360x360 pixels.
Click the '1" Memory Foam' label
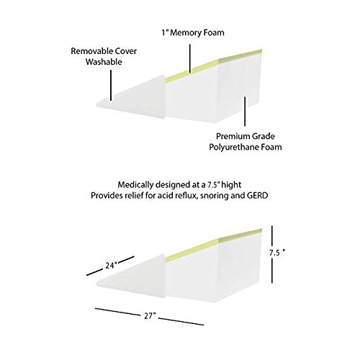click(193, 32)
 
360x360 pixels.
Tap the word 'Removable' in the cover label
click(91, 51)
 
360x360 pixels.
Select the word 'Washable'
click(104, 62)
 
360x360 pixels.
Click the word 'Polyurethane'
click(230, 147)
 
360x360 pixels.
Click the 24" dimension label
click(111, 266)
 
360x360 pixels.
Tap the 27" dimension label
click(150, 316)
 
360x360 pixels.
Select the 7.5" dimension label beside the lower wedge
click(277, 253)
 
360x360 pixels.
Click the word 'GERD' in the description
click(257, 196)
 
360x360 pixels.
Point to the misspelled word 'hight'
click(231, 185)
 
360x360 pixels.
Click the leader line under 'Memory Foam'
click(190, 58)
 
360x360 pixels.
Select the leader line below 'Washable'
click(111, 85)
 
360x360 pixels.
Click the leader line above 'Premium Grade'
click(245, 111)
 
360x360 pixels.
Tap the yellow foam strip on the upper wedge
click(213, 65)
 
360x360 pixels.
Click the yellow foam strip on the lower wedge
click(213, 244)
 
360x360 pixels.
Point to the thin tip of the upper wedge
click(98, 104)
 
